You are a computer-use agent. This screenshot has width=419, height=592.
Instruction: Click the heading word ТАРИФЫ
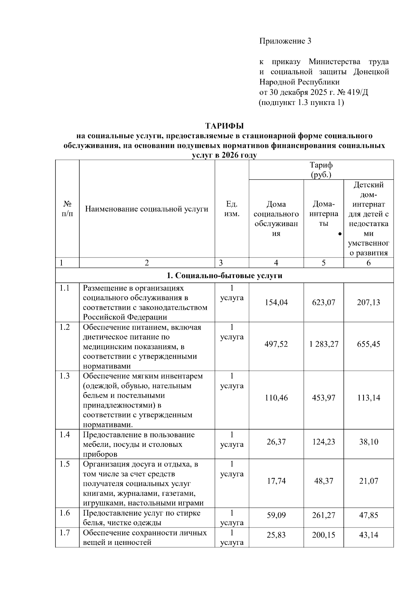tap(224, 126)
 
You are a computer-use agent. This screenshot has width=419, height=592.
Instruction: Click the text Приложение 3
tap(285, 41)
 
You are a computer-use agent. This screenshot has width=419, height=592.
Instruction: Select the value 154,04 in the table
tap(276, 302)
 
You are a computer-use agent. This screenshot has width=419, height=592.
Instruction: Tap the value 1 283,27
tap(324, 344)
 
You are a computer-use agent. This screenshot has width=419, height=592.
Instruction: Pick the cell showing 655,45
tap(368, 344)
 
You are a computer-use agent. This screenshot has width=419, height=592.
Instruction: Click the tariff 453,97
tap(324, 398)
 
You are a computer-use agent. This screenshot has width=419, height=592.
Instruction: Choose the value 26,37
tap(276, 442)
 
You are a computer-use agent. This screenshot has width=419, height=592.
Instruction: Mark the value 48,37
tap(324, 481)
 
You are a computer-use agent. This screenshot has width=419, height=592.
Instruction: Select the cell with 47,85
tap(368, 515)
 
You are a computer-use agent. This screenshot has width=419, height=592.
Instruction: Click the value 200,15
tap(324, 535)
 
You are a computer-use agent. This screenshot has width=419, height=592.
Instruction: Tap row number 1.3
tap(65, 376)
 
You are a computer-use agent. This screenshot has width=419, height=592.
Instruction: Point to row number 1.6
tap(65, 513)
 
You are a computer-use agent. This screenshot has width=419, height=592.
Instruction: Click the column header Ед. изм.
tap(232, 209)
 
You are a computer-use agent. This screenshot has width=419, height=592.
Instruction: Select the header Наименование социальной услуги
tap(147, 209)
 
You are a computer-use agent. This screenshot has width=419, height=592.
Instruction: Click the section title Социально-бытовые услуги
tap(225, 276)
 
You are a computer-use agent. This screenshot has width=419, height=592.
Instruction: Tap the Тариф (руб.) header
tap(321, 170)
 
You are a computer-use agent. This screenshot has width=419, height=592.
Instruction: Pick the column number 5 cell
tap(324, 263)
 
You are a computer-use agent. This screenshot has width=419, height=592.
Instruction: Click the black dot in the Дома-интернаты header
tap(340, 234)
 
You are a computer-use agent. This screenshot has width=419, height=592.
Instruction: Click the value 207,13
tap(368, 302)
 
